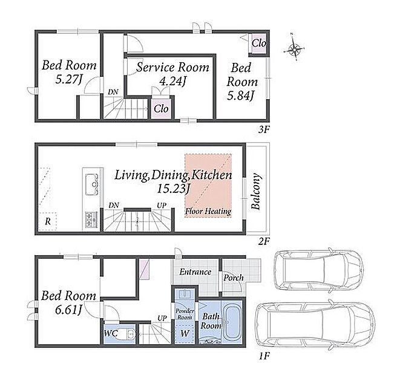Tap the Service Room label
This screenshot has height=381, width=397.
click(172, 67)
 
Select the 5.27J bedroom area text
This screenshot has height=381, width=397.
click(68, 80)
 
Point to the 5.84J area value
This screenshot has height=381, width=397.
click(240, 96)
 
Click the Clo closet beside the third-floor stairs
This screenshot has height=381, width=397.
click(161, 109)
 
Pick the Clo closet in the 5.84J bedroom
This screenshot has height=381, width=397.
click(259, 44)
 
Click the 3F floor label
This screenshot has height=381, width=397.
click(264, 130)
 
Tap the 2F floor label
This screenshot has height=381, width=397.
click(264, 242)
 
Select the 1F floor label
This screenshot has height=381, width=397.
click(264, 356)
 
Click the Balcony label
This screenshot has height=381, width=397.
click(256, 191)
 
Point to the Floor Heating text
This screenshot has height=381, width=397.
click(208, 211)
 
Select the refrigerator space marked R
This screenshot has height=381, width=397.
click(48, 221)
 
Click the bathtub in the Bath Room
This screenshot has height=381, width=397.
click(232, 322)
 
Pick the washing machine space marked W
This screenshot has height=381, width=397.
click(185, 333)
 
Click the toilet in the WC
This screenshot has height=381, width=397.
click(128, 334)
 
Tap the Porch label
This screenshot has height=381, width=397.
click(234, 278)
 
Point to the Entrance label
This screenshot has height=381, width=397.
click(195, 272)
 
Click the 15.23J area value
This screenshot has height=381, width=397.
click(174, 189)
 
